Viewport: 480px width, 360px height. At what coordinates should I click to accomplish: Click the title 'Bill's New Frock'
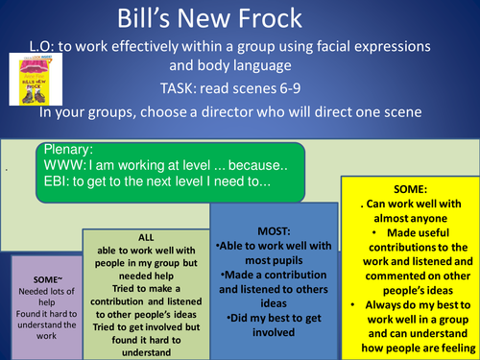[239, 20]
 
